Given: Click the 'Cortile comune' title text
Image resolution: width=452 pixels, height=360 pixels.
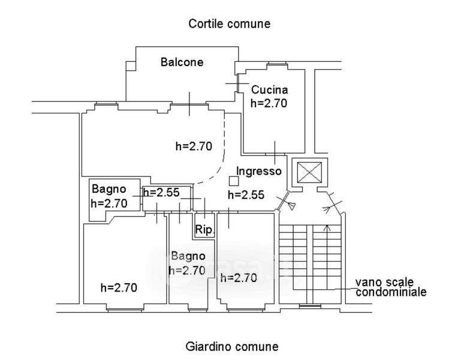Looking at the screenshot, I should tap(230, 24).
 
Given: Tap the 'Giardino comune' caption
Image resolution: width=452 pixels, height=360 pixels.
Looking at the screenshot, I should tap(232, 346).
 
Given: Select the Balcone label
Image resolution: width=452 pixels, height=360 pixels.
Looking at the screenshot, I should tap(182, 62).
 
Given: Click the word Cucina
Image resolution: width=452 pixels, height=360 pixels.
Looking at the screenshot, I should tap(269, 90).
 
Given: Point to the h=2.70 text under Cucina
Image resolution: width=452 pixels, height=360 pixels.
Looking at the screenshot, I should tap(269, 103).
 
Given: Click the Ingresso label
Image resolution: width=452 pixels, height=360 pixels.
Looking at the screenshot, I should tap(259, 171).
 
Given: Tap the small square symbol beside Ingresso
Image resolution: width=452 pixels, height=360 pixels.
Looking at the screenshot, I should tap(233, 179).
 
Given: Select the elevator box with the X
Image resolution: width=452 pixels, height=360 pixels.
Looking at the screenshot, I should tap(310, 172).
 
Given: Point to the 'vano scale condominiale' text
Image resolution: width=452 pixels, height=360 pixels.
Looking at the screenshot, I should tap(391, 287).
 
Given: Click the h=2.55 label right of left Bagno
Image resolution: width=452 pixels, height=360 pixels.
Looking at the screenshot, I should tap(161, 193).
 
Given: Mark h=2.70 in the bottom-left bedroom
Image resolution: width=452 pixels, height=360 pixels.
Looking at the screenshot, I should tap(119, 287).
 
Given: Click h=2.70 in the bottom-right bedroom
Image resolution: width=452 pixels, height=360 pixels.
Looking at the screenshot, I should tap(238, 278).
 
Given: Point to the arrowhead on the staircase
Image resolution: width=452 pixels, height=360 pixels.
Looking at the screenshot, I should tap(327, 228).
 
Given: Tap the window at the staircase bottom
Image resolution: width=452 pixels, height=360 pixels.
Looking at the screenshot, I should tap(309, 308).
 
